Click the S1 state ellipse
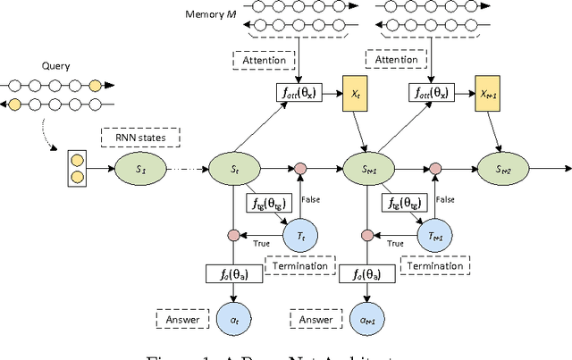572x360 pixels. [x=139, y=167]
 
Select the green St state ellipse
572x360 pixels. [x=231, y=167]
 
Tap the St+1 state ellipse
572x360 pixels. [x=368, y=167]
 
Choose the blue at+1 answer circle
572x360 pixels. [x=368, y=318]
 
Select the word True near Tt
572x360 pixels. [x=264, y=243]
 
